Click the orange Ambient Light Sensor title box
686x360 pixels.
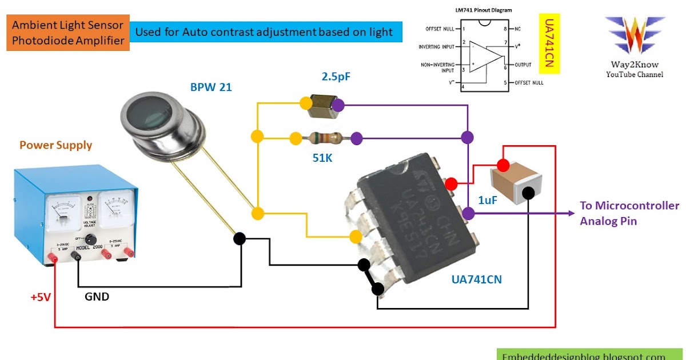coord(68,33)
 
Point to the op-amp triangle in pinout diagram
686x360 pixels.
coord(486,57)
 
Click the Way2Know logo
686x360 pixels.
coord(634,35)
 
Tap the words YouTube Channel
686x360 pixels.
coord(635,75)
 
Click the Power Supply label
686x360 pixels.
coord(55,145)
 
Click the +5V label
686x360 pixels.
coord(41,297)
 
